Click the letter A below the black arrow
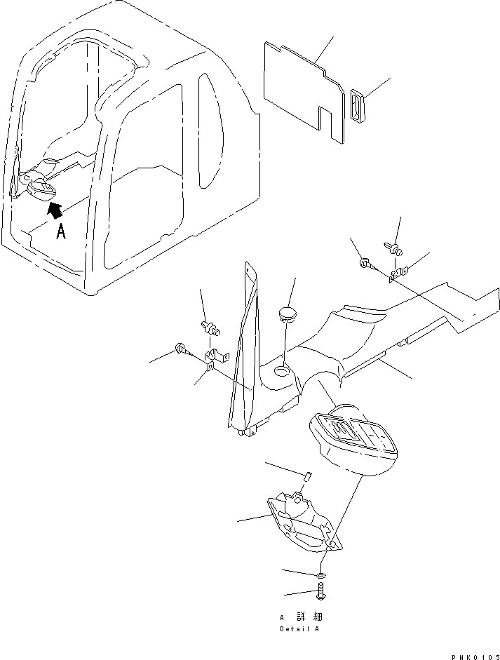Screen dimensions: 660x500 pyautogui.click(x=61, y=231)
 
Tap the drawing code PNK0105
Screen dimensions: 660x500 pyautogui.click(x=474, y=655)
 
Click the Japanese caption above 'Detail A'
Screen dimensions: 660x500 pyautogui.click(x=302, y=617)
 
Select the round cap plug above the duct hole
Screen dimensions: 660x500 pyautogui.click(x=287, y=311)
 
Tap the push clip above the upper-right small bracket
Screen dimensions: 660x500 pyautogui.click(x=394, y=247)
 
